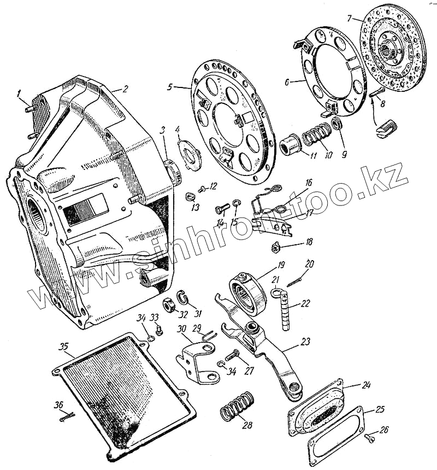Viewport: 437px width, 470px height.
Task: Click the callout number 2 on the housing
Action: pos(125,89)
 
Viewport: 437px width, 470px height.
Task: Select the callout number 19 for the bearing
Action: pos(280,266)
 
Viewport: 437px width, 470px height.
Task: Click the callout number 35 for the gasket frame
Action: pos(64,348)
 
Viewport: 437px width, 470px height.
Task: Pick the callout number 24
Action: pos(366,385)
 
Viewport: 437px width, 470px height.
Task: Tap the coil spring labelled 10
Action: pos(316,134)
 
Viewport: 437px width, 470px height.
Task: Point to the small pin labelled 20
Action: pos(296,283)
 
